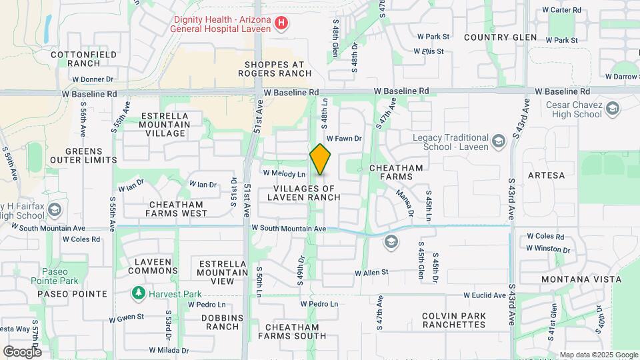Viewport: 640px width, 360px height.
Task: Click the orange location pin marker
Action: coord(321,159)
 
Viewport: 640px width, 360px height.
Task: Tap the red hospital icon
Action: coord(282,24)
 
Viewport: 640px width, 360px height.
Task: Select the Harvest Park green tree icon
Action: coord(138,293)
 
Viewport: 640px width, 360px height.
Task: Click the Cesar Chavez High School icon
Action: coord(613,107)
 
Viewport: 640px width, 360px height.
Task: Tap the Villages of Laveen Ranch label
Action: coord(307,193)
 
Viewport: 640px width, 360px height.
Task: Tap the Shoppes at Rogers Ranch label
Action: coord(273,69)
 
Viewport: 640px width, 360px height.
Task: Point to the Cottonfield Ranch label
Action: coord(84,59)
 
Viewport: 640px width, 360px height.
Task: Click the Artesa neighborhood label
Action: coord(546,175)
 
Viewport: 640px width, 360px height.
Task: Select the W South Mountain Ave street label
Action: coord(289,229)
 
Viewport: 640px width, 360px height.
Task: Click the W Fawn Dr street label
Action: coord(343,139)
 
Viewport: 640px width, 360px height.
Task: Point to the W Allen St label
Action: coord(371,273)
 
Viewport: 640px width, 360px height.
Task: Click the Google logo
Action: coord(21,351)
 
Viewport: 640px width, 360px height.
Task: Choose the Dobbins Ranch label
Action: coord(223,322)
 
